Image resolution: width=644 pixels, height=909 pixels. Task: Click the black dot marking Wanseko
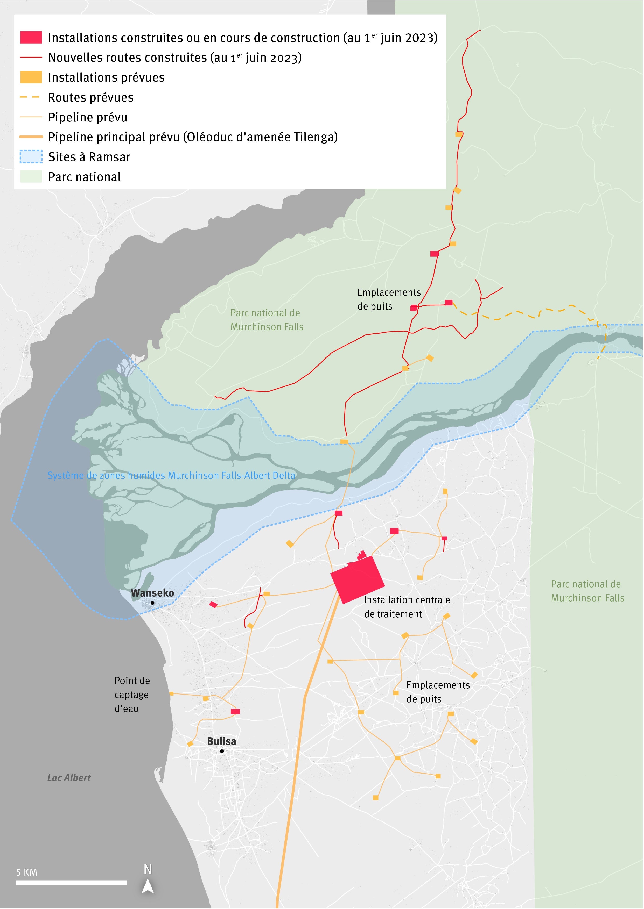(152, 603)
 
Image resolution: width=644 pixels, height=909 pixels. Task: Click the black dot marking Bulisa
(222, 751)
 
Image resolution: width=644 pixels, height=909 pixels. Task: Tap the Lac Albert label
(69, 778)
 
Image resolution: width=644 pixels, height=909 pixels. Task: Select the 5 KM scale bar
(71, 883)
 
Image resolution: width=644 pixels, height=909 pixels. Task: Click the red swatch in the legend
(31, 37)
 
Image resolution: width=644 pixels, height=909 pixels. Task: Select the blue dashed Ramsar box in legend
(31, 157)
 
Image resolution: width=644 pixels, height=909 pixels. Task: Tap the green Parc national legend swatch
(31, 177)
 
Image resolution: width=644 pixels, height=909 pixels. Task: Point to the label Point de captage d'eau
(132, 694)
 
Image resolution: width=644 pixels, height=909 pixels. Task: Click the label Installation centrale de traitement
(407, 607)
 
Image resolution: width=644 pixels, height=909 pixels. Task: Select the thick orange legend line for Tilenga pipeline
(31, 137)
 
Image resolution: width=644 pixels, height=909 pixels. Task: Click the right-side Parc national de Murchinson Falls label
(587, 591)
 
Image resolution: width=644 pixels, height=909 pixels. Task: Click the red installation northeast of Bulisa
(235, 712)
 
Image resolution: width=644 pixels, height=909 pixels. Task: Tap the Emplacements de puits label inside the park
(389, 299)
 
